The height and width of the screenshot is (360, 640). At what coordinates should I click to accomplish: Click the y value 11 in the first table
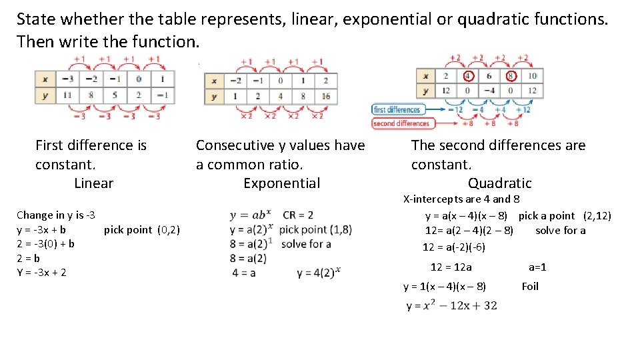(x=67, y=95)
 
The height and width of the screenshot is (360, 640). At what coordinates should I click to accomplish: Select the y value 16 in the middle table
(x=325, y=96)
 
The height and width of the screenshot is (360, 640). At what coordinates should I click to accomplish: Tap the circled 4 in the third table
(x=469, y=75)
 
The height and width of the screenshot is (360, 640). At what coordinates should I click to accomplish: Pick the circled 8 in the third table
(x=511, y=75)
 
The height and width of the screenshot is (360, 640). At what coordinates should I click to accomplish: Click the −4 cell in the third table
(x=490, y=90)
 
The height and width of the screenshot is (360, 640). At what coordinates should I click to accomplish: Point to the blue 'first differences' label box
(x=397, y=109)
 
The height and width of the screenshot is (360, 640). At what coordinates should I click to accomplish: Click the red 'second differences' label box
(x=401, y=123)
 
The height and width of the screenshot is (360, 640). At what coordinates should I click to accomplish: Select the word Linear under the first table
(x=93, y=183)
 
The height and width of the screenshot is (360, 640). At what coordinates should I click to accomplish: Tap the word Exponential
(x=281, y=183)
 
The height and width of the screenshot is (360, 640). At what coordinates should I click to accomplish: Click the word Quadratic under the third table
(x=499, y=183)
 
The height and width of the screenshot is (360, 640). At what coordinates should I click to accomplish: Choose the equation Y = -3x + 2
(x=41, y=272)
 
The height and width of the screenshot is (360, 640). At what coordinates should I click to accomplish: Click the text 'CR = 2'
(x=298, y=215)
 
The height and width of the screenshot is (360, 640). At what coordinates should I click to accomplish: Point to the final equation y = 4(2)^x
(x=319, y=272)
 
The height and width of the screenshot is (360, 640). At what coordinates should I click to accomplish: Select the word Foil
(x=530, y=287)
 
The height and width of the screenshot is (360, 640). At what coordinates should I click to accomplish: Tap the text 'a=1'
(x=537, y=267)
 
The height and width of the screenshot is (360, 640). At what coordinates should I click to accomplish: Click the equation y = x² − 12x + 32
(x=451, y=305)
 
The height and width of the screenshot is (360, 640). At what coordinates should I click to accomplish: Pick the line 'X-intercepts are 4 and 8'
(x=461, y=199)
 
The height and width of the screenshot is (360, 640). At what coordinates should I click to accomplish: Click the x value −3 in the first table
(x=67, y=79)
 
